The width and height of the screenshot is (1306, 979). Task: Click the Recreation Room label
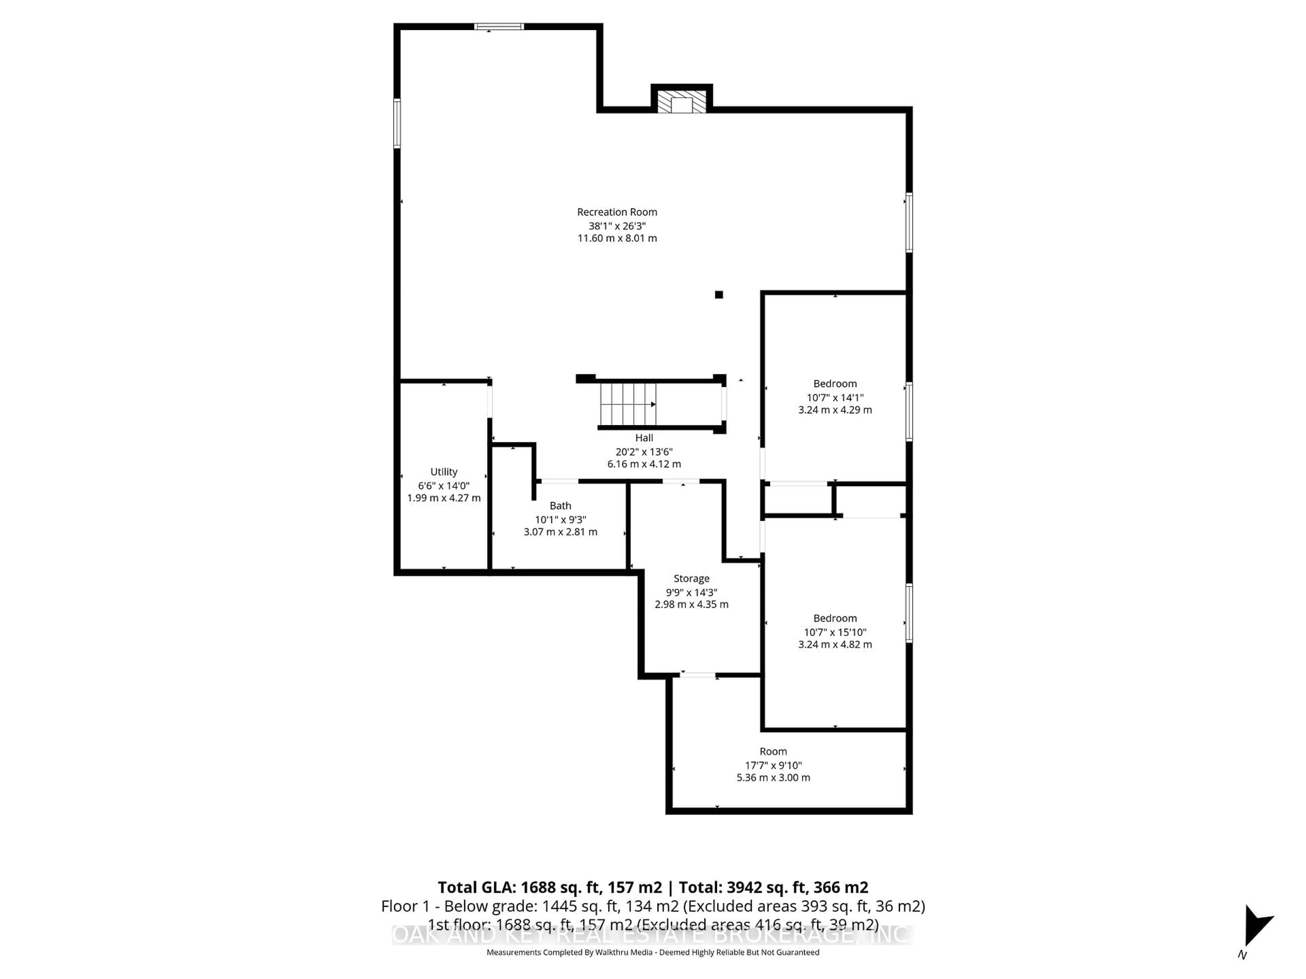coord(617,212)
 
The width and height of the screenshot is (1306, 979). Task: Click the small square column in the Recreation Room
coord(719,294)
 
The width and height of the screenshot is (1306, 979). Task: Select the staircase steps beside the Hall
coord(627,404)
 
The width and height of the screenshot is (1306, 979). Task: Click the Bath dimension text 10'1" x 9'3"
coord(560,519)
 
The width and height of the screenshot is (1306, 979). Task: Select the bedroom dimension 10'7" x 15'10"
coord(835,632)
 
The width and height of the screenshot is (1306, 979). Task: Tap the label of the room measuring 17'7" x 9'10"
coord(773,751)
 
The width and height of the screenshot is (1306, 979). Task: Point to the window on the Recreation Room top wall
coord(499,27)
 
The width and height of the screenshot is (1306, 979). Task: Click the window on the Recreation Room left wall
coord(397,123)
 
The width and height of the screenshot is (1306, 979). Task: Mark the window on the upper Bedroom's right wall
coord(909,411)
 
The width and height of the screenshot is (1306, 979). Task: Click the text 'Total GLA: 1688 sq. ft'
coord(549,888)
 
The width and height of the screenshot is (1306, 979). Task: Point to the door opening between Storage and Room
coord(699,674)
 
